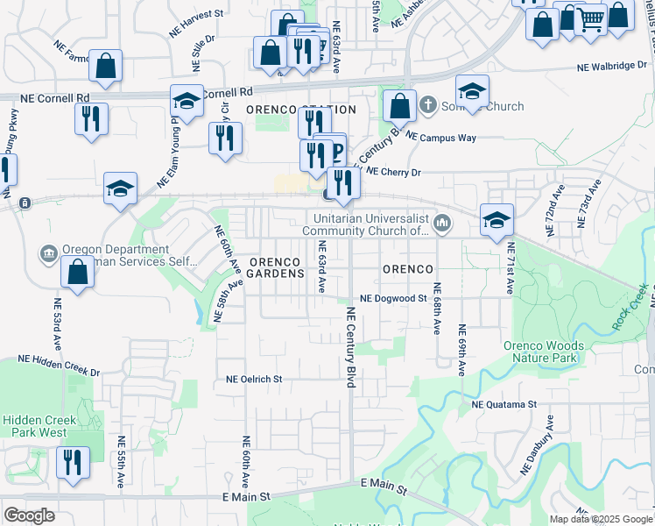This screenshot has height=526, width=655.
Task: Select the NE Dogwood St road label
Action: point(391,298)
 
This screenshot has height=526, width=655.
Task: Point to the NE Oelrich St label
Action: point(254,380)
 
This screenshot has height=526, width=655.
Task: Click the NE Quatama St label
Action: point(504,404)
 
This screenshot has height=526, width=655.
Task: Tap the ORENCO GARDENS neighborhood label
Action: point(277,267)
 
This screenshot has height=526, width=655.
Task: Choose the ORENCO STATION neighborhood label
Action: point(301,110)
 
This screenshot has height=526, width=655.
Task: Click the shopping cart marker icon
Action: point(591,18)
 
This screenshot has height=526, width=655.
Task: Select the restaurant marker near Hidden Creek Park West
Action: point(74,461)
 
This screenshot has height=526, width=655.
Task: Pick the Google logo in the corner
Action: point(29,515)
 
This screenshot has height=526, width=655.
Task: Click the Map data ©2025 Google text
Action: point(602,519)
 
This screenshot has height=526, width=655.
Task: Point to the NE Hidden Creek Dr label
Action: point(60,366)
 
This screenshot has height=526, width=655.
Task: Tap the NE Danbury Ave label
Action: point(539,446)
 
